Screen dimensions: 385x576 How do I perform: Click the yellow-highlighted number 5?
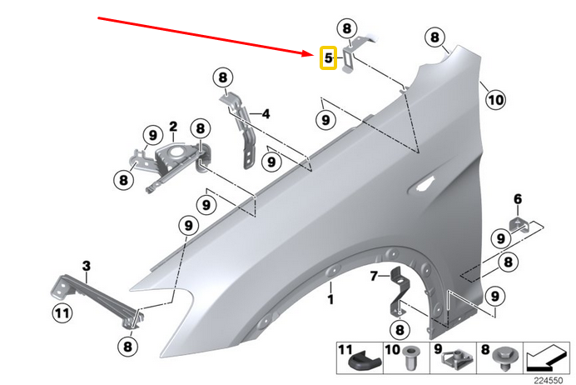pos(329,58)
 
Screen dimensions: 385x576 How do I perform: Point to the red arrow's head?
pos(314,52)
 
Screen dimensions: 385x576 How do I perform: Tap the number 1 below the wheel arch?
pos(330,297)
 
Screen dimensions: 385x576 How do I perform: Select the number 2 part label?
pos(173,127)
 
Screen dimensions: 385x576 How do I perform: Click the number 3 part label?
pos(86,265)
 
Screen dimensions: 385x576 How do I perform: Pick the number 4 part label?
pos(266,113)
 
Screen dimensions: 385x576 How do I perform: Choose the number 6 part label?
pos(517,198)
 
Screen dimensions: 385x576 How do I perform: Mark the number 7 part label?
pos(375,275)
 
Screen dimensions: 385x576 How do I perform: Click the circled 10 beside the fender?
pos(495,100)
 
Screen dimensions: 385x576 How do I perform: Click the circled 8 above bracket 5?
pos(346,28)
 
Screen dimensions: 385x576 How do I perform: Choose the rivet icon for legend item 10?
pos(408,363)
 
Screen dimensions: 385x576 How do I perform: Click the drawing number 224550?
pos(552,378)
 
